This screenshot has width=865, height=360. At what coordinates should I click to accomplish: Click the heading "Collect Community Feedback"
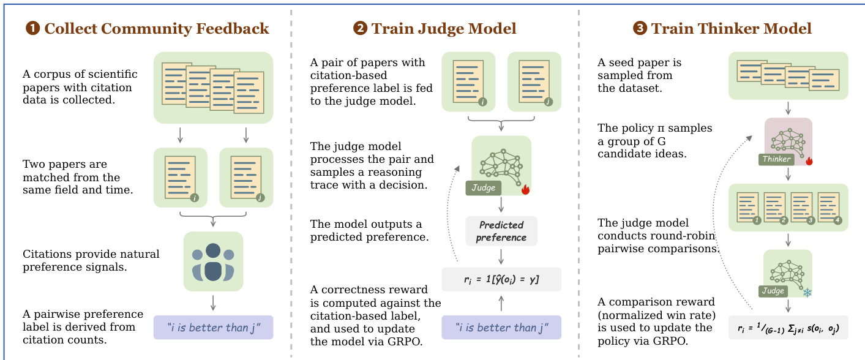click(x=156, y=28)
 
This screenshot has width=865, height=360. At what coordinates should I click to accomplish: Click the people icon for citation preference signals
click(x=213, y=261)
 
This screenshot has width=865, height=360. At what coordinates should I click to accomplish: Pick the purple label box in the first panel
click(x=213, y=328)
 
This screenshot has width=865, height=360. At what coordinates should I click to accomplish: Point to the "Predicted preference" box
click(x=501, y=231)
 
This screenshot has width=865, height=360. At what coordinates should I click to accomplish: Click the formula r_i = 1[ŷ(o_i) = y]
click(x=501, y=279)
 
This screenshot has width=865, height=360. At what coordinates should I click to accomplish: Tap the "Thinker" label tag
click(x=777, y=159)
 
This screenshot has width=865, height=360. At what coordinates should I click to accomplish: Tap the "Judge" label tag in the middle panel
click(x=484, y=188)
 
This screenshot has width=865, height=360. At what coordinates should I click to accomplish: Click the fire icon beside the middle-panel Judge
click(x=525, y=190)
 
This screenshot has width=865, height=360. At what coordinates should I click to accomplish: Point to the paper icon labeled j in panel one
click(x=245, y=177)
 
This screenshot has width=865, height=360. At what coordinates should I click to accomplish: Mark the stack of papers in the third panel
click(x=788, y=75)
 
